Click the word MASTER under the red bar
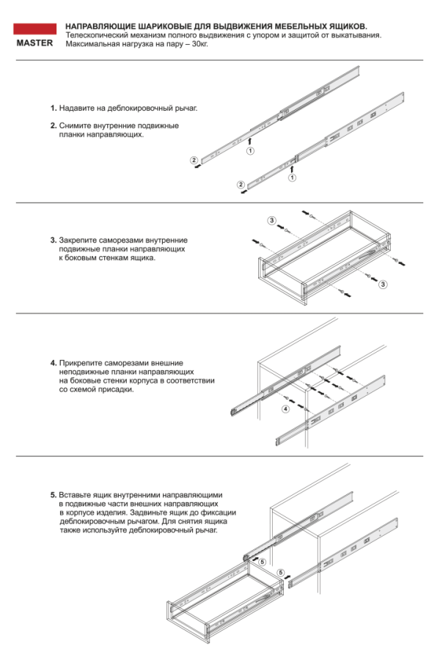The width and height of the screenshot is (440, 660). pyautogui.click(x=34, y=43)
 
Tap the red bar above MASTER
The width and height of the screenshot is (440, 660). pyautogui.click(x=34, y=30)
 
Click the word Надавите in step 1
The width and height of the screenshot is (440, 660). pyautogui.click(x=76, y=108)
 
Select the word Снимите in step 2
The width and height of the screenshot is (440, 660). pyautogui.click(x=75, y=125)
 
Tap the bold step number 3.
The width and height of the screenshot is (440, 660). pyautogui.click(x=53, y=240)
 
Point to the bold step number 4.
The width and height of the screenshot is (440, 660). pyautogui.click(x=53, y=363)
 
